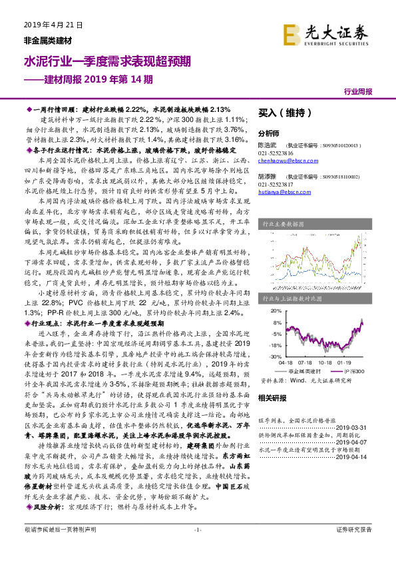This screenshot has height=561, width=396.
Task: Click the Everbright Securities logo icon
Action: tap(292, 33)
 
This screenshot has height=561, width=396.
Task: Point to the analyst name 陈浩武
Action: tap(268, 144)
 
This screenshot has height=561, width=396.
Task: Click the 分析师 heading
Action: tap(268, 133)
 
